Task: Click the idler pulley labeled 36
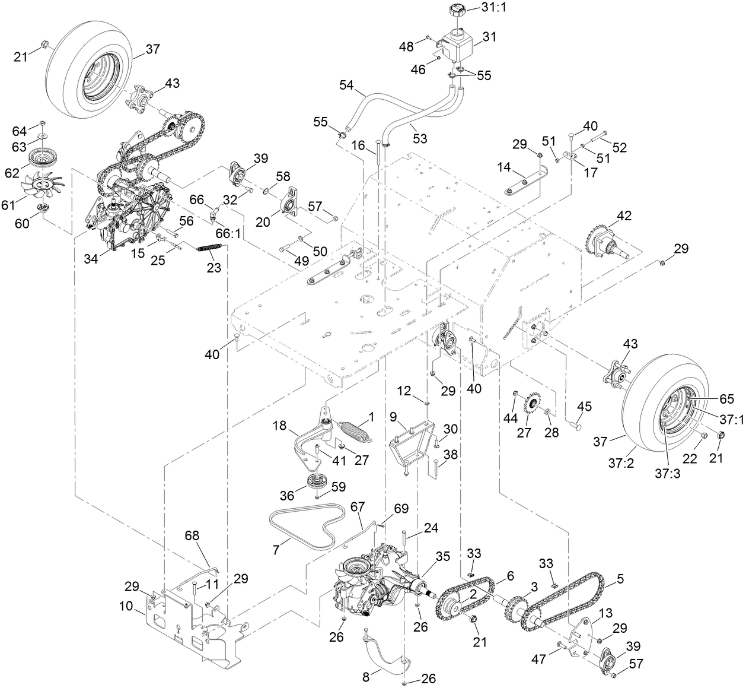click(x=314, y=480)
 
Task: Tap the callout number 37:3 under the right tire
click(x=668, y=459)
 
